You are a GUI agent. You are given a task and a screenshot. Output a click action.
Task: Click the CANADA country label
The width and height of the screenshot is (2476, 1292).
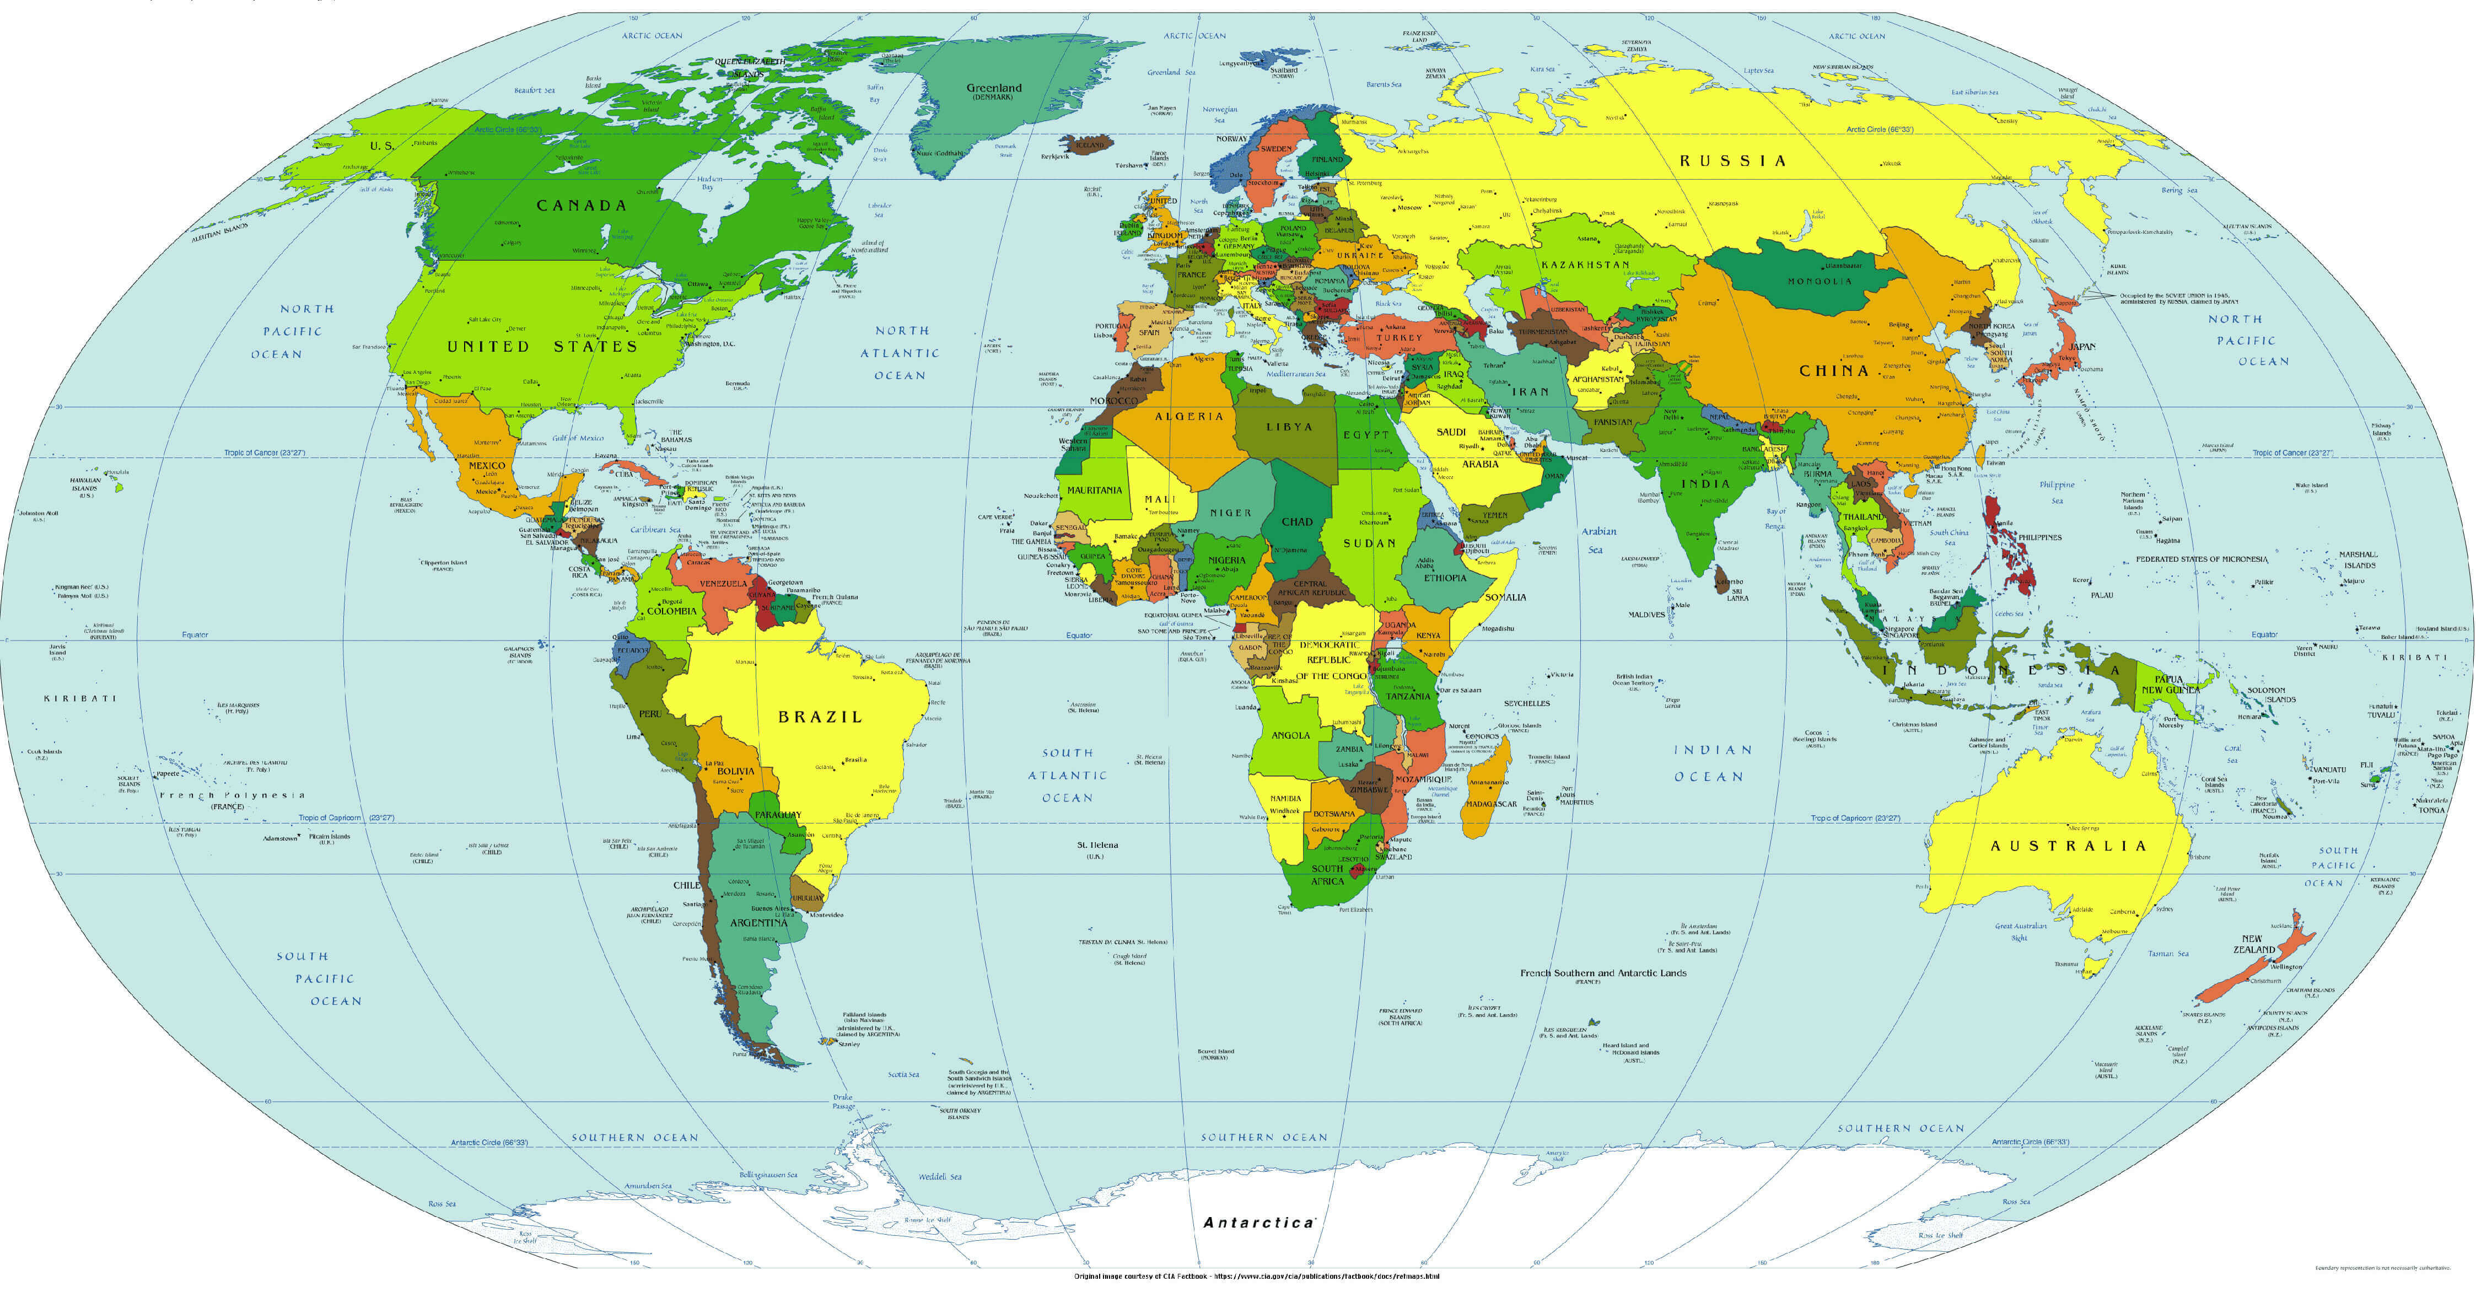coord(582,206)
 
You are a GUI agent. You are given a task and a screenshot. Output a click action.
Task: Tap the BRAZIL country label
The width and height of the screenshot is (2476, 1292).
coord(820,717)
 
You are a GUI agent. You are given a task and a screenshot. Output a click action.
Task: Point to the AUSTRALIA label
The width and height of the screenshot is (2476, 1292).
coord(2068,846)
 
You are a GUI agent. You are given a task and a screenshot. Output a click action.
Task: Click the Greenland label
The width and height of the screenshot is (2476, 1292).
coord(994,88)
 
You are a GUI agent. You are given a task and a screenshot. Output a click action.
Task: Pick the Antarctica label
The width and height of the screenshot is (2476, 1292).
coord(1258,1223)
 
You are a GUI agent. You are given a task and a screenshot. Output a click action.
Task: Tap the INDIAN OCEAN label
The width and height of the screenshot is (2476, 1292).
coord(1713,763)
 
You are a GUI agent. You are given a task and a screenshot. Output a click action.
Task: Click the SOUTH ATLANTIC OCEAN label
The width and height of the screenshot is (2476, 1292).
coord(1067,776)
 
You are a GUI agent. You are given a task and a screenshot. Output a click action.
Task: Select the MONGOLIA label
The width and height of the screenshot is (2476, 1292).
coord(1820,282)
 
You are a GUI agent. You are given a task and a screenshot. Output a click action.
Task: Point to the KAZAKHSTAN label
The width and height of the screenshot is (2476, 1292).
coord(1585,265)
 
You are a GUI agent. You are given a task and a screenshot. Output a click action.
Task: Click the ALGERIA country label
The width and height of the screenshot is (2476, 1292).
coord(1189,416)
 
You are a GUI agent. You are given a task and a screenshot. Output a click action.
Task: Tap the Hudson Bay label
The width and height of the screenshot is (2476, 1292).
coord(709,182)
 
